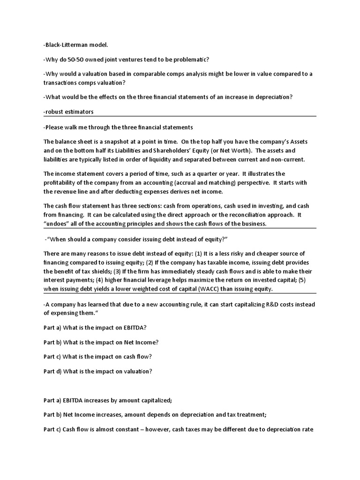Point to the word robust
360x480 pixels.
[55, 112]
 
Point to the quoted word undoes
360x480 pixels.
[58, 224]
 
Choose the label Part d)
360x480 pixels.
[52, 371]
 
